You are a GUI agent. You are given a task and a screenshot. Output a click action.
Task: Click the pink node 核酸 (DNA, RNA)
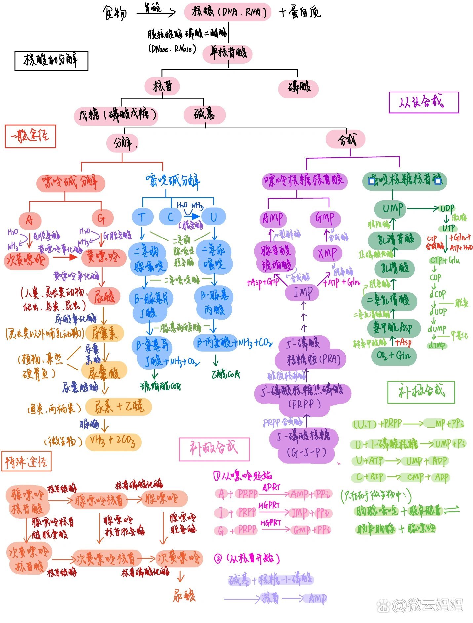click(228, 12)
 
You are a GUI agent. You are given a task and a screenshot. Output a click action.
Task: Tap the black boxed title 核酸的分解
click(51, 61)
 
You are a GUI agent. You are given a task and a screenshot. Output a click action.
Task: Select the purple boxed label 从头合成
click(424, 102)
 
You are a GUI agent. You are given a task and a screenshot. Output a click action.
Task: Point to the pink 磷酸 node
click(298, 88)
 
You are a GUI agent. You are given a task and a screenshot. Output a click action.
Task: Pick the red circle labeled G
click(102, 218)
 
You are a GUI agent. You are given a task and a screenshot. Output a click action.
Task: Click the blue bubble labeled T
click(142, 217)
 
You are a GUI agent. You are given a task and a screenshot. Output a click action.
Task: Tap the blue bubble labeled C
click(170, 217)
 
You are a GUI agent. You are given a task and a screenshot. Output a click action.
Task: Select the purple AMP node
click(273, 218)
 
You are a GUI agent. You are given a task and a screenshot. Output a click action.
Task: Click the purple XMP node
click(327, 254)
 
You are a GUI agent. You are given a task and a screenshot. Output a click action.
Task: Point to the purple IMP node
click(302, 292)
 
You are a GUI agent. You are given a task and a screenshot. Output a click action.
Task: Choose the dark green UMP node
click(392, 209)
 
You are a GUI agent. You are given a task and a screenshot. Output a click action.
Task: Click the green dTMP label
click(437, 345)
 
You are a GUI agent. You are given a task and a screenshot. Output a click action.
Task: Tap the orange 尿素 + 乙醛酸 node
click(118, 407)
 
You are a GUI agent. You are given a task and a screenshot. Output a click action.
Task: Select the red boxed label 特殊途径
click(26, 461)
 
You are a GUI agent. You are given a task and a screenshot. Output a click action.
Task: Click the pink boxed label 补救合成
click(214, 449)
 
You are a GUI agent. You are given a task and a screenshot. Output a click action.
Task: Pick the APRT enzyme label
click(271, 487)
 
